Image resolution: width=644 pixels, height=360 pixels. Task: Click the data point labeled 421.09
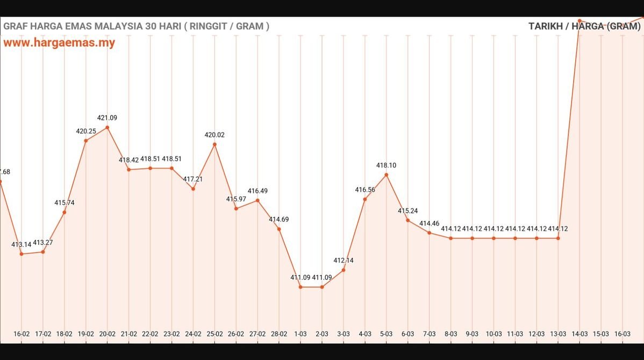[x=108, y=127]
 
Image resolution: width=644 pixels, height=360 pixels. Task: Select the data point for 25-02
[x=214, y=144]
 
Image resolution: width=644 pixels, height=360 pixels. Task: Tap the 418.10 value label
[x=386, y=165]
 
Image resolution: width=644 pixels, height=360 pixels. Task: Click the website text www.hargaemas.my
[x=59, y=43]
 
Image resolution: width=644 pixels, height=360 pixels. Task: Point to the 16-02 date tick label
[x=22, y=334]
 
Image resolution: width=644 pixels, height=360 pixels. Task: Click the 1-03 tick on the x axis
[x=300, y=334]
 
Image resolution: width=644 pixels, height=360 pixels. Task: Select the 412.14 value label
[x=344, y=261]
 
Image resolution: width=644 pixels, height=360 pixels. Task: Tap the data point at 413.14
[x=22, y=254]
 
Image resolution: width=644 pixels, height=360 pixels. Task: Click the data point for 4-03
[x=365, y=199]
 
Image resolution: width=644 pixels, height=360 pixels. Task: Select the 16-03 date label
[x=622, y=334]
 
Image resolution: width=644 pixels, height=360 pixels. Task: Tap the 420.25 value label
[x=86, y=131]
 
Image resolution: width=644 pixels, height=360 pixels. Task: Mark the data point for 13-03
[x=558, y=238]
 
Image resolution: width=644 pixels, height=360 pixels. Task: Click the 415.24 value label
[x=408, y=211]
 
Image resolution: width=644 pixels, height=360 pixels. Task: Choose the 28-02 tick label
[x=279, y=334]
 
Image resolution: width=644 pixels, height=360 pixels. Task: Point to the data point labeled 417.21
[x=193, y=189]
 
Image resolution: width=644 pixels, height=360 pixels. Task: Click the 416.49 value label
[x=257, y=191]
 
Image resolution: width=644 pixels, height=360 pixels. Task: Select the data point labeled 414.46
[x=430, y=233]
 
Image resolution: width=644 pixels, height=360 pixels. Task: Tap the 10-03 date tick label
[x=493, y=334]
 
